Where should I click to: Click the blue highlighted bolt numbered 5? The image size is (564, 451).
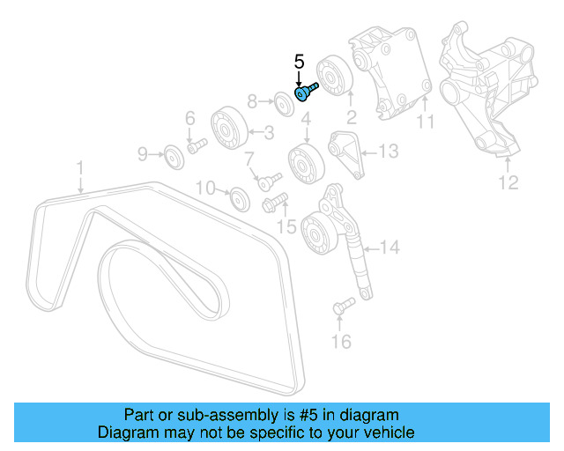[x=307, y=90]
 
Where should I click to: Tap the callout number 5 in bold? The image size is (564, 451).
[x=299, y=62]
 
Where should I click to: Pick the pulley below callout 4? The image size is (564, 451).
[x=306, y=163]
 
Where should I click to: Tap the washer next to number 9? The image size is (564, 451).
[x=173, y=158]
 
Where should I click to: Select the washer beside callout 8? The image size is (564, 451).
[x=284, y=102]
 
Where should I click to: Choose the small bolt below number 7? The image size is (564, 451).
[x=263, y=181]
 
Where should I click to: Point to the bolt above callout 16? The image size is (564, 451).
[x=342, y=306]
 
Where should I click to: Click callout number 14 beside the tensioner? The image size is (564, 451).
[x=390, y=248]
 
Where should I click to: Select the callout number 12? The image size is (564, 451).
[x=508, y=183]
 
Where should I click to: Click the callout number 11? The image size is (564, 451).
[x=427, y=123]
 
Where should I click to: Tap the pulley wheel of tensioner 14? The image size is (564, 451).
[x=315, y=233]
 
